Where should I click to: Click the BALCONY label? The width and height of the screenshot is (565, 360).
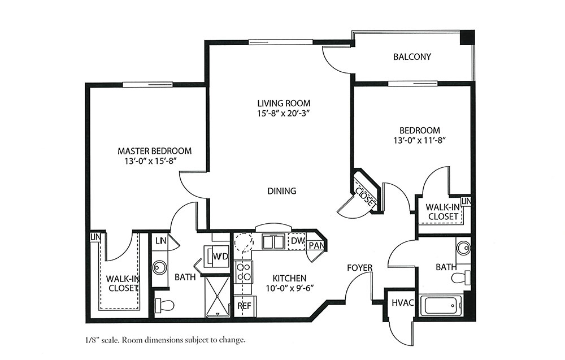tap(412, 57)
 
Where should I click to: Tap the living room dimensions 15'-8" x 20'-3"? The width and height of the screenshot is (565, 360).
tap(284, 113)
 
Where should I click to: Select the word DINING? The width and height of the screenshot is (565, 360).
tap(282, 190)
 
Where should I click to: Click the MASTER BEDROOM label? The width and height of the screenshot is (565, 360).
tap(155, 151)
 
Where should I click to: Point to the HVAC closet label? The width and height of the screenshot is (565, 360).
tap(402, 303)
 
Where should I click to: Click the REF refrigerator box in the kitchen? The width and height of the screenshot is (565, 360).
tap(245, 306)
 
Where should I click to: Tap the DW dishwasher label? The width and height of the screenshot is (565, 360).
tap(298, 241)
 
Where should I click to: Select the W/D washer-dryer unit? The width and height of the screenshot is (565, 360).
tap(216, 257)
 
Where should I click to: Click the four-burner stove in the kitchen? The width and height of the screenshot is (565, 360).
tap(243, 272)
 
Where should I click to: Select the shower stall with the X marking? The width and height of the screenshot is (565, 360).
tap(218, 297)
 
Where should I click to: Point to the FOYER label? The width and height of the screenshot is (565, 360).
tap(359, 268)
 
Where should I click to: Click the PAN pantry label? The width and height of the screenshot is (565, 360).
tap(317, 246)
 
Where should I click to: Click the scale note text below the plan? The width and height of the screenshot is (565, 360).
tap(166, 340)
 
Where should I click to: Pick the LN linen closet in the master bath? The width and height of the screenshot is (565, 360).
tap(160, 240)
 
